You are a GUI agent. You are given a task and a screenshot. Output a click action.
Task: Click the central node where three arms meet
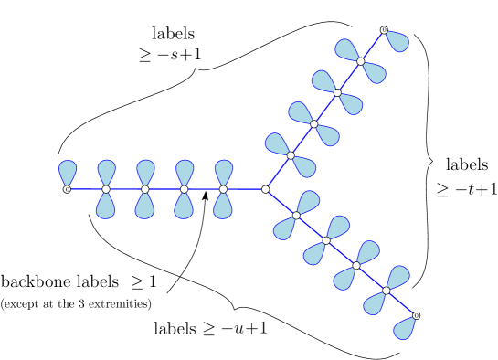[266, 189]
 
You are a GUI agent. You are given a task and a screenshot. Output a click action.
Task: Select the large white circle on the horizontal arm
[66, 207]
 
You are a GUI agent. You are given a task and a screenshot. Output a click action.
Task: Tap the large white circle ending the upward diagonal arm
[370, 17]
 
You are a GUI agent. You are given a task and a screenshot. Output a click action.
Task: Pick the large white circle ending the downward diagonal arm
[429, 302]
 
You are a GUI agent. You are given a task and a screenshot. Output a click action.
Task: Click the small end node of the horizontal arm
[67, 189]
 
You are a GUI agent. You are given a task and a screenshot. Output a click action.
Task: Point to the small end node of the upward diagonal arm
[384, 30]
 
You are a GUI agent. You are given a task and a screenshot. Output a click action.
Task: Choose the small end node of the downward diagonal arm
[416, 315]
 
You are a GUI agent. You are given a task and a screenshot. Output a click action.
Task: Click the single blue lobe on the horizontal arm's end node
[68, 172]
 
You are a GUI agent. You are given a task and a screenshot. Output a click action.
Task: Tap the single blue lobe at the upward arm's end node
[397, 41]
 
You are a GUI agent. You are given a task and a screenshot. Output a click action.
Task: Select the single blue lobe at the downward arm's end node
[404, 329]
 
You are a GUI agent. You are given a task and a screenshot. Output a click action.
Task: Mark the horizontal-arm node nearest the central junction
[223, 189]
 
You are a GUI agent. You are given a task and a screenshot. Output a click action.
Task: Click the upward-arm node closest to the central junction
[291, 155]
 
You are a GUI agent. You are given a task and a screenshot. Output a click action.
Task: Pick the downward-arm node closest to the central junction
[296, 216]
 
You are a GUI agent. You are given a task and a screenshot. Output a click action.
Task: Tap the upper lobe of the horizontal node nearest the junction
[223, 172]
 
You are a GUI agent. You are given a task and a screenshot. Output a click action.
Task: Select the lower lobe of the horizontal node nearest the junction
[223, 206]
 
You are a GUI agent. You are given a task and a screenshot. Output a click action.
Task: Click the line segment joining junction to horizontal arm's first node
[245, 189]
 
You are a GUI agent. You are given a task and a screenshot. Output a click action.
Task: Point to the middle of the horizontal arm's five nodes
[145, 189]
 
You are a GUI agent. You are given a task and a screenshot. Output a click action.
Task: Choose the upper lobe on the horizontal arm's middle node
[145, 172]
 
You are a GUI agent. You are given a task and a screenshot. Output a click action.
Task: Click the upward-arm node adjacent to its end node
[361, 61]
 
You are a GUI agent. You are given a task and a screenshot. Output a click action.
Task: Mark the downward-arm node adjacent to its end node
[386, 291]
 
